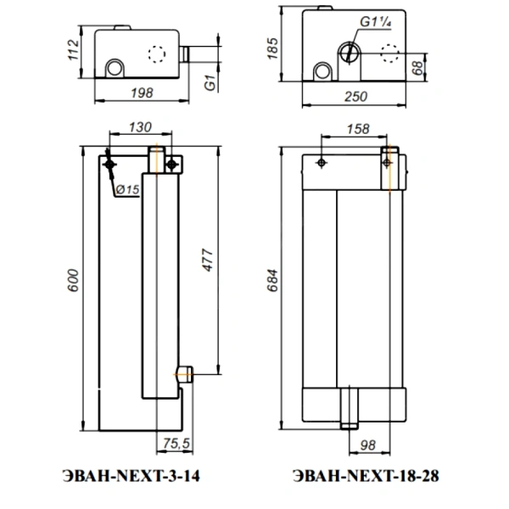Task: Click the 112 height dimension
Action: click(73, 50)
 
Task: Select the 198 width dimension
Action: click(142, 93)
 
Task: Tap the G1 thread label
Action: click(210, 82)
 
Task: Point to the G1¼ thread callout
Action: click(375, 22)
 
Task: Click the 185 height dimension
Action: click(272, 48)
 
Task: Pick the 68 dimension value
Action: click(418, 68)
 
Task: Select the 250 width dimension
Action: click(355, 97)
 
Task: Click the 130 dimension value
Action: click(140, 127)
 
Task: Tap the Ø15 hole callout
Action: click(127, 189)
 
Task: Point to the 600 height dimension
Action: click(73, 281)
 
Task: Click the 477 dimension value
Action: click(208, 260)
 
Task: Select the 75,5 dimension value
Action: click(176, 443)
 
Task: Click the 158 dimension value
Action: click(358, 129)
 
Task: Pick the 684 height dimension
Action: click(272, 281)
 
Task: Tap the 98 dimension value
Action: click(368, 445)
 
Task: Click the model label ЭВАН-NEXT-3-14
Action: click(131, 476)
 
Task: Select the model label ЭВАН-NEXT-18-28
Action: click(366, 476)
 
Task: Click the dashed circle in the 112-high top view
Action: click(157, 54)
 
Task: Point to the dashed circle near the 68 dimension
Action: click(389, 53)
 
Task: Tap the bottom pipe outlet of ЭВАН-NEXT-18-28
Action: click(350, 408)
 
